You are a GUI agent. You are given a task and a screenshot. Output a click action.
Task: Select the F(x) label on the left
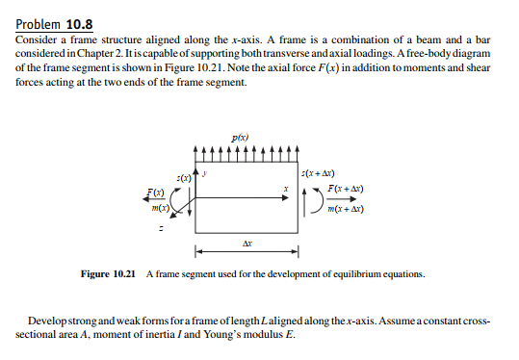pyautogui.click(x=153, y=193)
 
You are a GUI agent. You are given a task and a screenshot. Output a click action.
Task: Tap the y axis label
pyautogui.click(x=203, y=173)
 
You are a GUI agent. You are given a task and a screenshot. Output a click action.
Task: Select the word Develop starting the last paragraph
pyautogui.click(x=51, y=319)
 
